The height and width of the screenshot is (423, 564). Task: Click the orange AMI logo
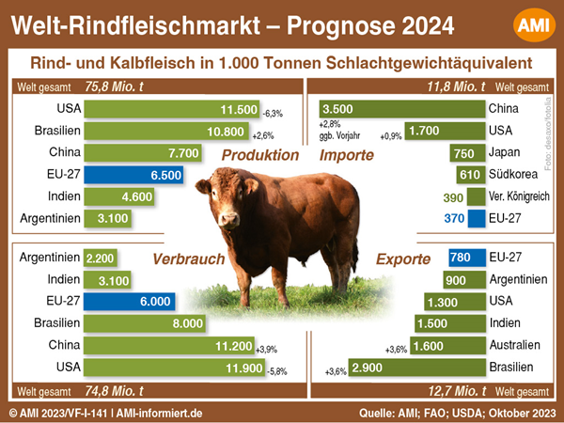(534, 25)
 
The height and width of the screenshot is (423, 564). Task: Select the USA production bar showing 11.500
(172, 109)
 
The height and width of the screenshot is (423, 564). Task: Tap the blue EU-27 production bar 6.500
(133, 175)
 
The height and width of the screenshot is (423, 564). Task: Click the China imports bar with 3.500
(402, 109)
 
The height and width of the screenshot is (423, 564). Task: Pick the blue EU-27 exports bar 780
(467, 258)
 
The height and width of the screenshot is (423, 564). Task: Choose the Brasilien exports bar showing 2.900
(416, 368)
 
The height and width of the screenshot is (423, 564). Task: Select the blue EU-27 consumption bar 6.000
(129, 302)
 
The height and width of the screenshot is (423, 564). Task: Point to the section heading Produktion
(260, 155)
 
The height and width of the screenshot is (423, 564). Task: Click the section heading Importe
(347, 155)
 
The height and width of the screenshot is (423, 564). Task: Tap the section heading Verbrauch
(189, 259)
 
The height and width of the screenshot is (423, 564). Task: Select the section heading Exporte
(403, 259)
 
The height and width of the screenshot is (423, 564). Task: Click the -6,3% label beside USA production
(273, 114)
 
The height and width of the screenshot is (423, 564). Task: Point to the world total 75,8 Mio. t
(115, 86)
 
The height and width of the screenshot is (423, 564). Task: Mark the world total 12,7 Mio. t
(457, 391)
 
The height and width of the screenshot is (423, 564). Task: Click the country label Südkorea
(513, 174)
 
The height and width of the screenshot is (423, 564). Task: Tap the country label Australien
(515, 345)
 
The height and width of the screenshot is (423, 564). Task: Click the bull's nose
(228, 219)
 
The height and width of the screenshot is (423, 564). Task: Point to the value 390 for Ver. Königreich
(453, 197)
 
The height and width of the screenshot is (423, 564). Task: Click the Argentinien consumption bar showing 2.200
(101, 258)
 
